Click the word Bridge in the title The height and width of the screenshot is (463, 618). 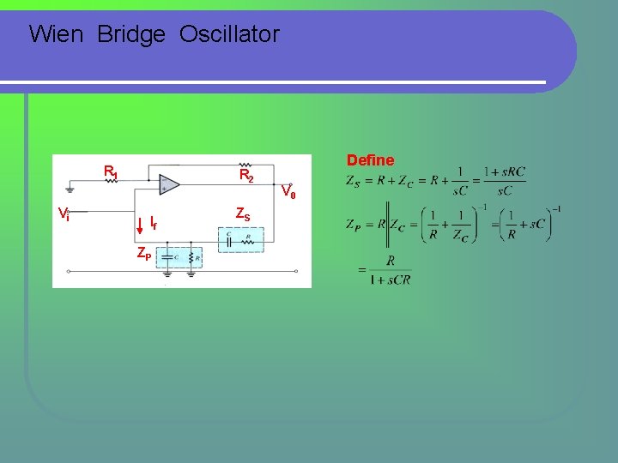[131, 34]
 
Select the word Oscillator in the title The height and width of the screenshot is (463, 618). [229, 34]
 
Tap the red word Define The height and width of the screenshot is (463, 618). [370, 160]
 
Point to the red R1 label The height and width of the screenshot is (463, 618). [111, 171]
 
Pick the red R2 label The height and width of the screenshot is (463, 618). [245, 176]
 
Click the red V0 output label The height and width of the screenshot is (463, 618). [289, 193]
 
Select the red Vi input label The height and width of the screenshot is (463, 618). [64, 213]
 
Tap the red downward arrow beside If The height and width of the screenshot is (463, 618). [140, 224]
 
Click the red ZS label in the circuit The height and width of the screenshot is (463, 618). [243, 213]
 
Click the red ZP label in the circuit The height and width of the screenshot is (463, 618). [143, 255]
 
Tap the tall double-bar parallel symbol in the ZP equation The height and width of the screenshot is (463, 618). [388, 225]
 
